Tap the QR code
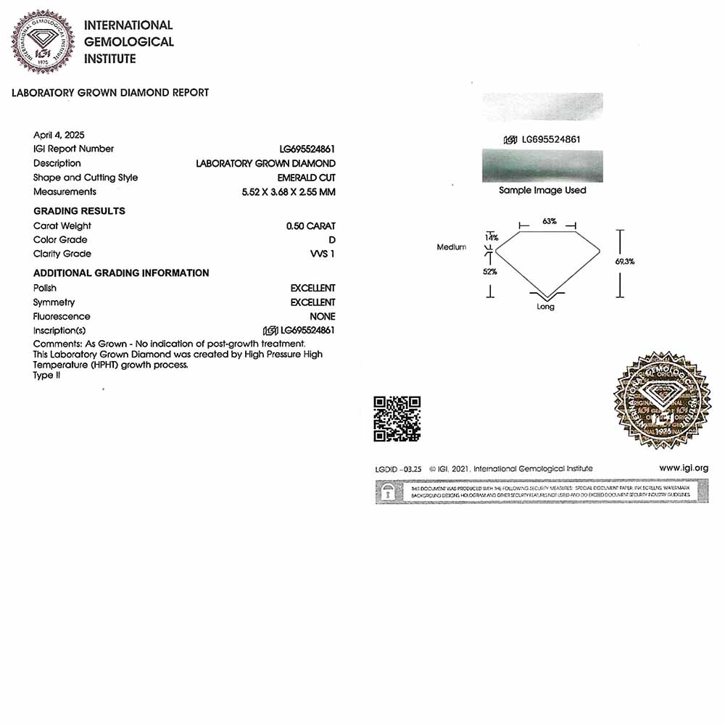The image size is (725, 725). click(x=397, y=419)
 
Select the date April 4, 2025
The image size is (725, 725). click(x=59, y=135)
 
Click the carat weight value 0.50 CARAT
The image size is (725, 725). click(x=310, y=226)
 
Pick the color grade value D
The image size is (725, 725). click(x=332, y=240)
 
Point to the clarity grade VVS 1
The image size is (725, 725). click(x=322, y=254)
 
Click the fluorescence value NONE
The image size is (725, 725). click(x=322, y=317)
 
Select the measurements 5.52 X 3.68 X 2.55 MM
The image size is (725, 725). click(x=289, y=192)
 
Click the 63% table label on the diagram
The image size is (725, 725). click(x=549, y=221)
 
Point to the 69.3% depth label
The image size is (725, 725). click(x=624, y=262)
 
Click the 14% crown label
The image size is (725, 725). click(x=492, y=238)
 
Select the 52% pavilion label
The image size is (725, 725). click(x=490, y=272)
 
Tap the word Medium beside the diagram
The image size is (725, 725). click(x=452, y=247)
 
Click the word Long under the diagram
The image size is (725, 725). click(x=546, y=307)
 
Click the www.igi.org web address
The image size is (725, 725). click(x=683, y=468)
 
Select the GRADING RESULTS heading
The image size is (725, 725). click(x=79, y=211)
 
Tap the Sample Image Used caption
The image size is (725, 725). click(x=542, y=191)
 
